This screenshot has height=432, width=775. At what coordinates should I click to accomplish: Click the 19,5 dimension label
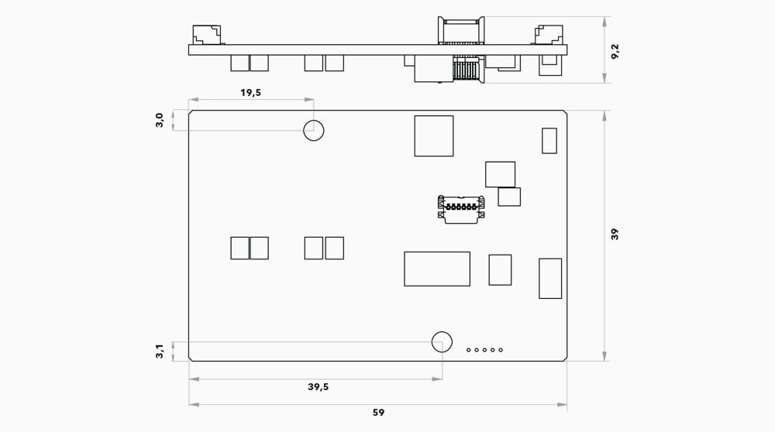(250, 92)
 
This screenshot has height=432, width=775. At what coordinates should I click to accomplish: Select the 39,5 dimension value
(318, 386)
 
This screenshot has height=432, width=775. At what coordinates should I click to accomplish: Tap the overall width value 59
(378, 412)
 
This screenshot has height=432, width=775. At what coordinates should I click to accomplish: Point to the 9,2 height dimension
(615, 51)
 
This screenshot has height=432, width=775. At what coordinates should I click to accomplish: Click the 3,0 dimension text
(160, 120)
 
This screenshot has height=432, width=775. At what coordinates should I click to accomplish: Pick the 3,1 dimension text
(160, 351)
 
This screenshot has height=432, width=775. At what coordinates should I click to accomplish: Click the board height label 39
(615, 234)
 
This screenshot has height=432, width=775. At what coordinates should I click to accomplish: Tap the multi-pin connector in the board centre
(460, 209)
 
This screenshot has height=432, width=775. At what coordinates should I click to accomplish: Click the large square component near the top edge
(434, 135)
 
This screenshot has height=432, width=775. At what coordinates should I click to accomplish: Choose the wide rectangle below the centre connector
(437, 269)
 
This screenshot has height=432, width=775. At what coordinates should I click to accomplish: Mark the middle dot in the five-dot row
(484, 350)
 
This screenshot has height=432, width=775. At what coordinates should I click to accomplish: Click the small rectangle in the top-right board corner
(549, 141)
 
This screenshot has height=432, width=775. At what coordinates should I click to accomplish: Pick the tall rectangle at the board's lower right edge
(550, 279)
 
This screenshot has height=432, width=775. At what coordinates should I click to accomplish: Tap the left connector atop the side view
(207, 35)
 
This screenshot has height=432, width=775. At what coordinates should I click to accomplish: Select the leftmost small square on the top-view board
(239, 248)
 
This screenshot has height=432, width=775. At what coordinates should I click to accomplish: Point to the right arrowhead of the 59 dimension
(563, 405)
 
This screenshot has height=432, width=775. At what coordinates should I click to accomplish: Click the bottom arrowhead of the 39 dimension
(604, 356)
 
